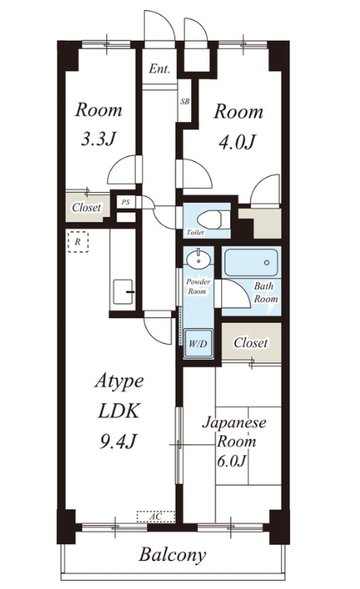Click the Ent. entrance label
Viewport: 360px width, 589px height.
(160, 69)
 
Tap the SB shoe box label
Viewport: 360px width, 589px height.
(185, 101)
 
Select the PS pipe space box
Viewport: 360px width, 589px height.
(126, 202)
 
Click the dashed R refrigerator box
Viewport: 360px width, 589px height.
(78, 242)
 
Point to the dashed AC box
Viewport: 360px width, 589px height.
(155, 517)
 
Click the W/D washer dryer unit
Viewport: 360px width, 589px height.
(197, 343)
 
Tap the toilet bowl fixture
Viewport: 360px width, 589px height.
(211, 220)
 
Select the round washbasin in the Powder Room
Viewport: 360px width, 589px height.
(198, 259)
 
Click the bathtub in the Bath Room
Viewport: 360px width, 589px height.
(250, 263)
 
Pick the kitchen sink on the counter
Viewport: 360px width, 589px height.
(124, 292)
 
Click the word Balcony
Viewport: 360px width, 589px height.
(172, 555)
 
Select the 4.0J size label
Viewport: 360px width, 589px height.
(238, 142)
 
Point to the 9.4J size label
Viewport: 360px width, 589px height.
(118, 440)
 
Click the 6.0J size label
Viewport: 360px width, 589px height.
(231, 460)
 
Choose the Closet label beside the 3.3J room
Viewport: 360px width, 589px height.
(86, 207)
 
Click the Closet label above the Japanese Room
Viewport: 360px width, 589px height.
(250, 342)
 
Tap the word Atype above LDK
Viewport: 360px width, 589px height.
(119, 381)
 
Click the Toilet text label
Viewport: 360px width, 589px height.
(195, 233)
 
